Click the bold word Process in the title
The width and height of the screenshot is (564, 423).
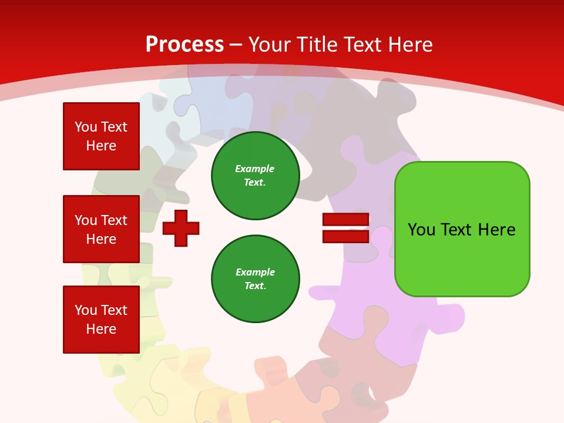184,45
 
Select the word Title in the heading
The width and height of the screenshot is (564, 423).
318,45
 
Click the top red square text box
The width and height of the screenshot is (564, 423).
101,136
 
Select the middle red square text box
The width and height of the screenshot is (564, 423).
101,229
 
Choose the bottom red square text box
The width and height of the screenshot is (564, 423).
101,320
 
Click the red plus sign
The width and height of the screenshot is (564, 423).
181,228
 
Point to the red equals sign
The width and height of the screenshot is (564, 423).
345,228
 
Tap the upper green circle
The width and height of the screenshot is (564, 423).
256,176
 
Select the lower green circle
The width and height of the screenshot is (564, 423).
256,279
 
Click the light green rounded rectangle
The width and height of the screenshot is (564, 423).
462,229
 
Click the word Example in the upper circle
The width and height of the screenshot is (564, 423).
254,169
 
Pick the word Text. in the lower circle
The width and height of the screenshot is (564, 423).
255,286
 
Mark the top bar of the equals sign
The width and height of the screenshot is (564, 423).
345,219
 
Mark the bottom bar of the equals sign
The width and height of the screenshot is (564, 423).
345,236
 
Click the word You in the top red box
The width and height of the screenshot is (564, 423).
85,127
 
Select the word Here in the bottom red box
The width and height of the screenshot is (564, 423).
101,329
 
